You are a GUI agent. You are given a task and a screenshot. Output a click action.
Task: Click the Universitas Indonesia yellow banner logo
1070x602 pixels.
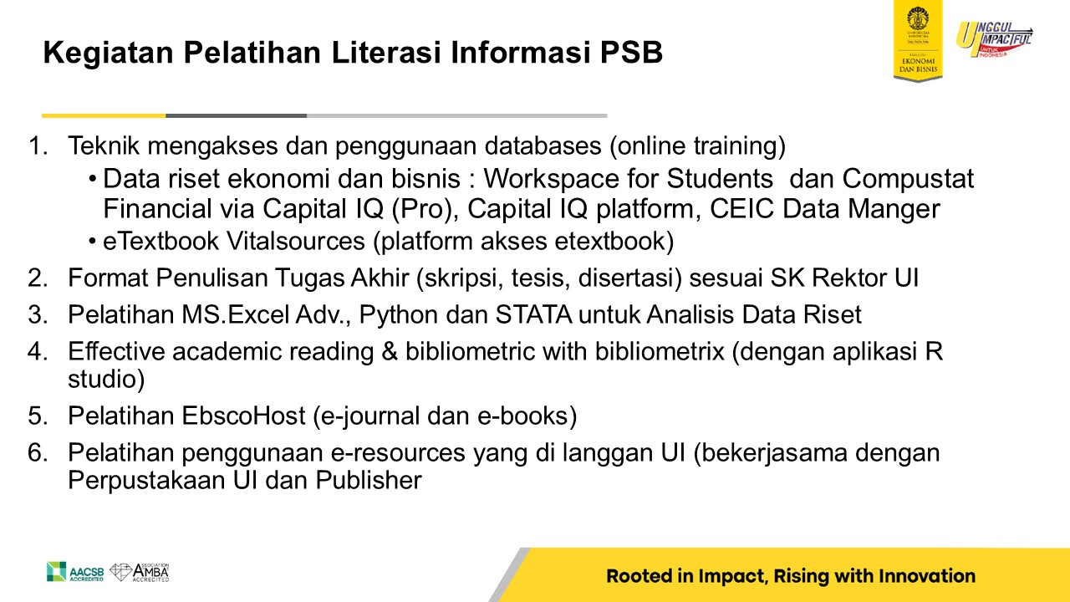click(918, 41)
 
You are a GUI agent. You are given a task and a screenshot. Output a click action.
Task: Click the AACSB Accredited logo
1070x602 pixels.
click(75, 572)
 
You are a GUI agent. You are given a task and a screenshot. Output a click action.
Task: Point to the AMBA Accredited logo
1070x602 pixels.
click(140, 573)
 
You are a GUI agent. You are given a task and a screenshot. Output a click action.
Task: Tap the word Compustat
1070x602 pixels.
click(908, 179)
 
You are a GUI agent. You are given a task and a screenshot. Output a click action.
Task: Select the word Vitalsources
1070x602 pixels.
click(296, 241)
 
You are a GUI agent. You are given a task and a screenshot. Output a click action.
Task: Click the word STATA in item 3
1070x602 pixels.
click(533, 315)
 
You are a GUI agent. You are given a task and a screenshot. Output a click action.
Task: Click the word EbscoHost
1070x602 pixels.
click(243, 416)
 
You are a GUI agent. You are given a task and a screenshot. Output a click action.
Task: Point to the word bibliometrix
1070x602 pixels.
click(660, 352)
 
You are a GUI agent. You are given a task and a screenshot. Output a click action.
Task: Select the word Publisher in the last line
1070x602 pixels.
click(369, 480)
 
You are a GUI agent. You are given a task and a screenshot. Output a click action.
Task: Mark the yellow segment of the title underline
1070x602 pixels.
click(104, 115)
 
